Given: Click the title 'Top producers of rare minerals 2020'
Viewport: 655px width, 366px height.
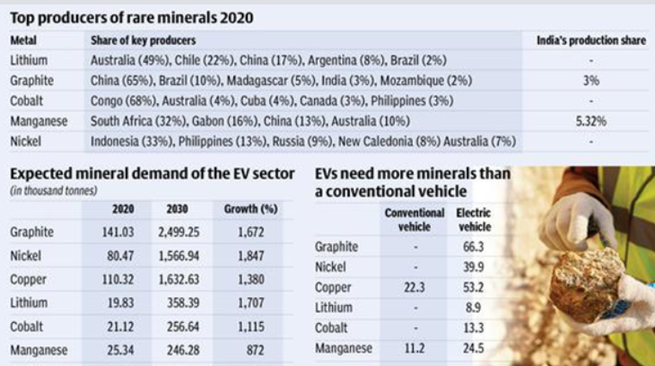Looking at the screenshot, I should [x=131, y=17].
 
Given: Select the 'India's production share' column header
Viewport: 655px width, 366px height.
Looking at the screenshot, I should [x=589, y=41].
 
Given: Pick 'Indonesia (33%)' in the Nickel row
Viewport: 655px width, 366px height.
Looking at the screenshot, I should [x=132, y=141].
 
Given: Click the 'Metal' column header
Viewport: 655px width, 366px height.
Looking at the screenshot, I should [x=24, y=41].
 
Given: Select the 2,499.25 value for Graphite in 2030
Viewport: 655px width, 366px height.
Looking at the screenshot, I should [x=183, y=232].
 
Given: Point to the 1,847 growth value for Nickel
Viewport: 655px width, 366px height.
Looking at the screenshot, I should [x=251, y=256].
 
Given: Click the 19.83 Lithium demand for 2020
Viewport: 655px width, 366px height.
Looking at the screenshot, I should [x=120, y=302].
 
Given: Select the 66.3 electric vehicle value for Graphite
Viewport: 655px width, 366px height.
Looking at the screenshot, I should [x=473, y=247].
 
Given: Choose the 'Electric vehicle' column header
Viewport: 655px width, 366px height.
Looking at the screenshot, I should [x=474, y=220].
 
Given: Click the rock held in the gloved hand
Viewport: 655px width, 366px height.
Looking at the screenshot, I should [x=585, y=285].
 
